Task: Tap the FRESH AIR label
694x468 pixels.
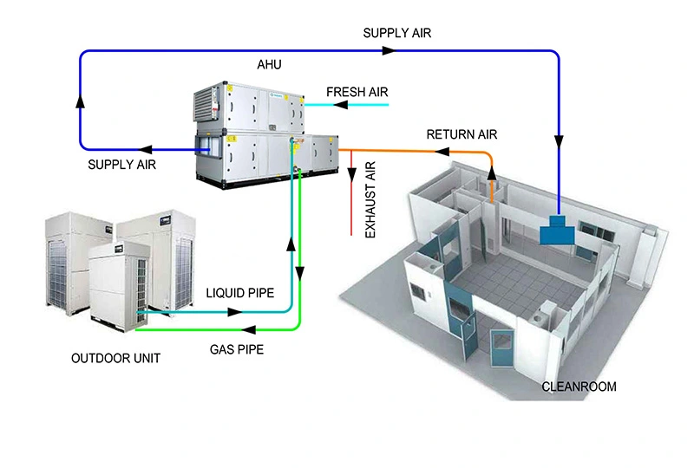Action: pyautogui.click(x=357, y=91)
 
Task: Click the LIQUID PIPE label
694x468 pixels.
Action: pyautogui.click(x=239, y=294)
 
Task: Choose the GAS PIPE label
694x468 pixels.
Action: pyautogui.click(x=237, y=350)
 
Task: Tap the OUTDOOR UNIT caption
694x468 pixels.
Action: pyautogui.click(x=116, y=357)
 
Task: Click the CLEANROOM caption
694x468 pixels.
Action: pyautogui.click(x=579, y=387)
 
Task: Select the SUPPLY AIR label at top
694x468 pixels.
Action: pyautogui.click(x=396, y=34)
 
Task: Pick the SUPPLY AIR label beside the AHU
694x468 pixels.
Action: pyautogui.click(x=122, y=164)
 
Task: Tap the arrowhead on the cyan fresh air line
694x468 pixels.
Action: pyautogui.click(x=341, y=105)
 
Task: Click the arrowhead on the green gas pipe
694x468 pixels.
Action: pyautogui.click(x=249, y=329)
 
